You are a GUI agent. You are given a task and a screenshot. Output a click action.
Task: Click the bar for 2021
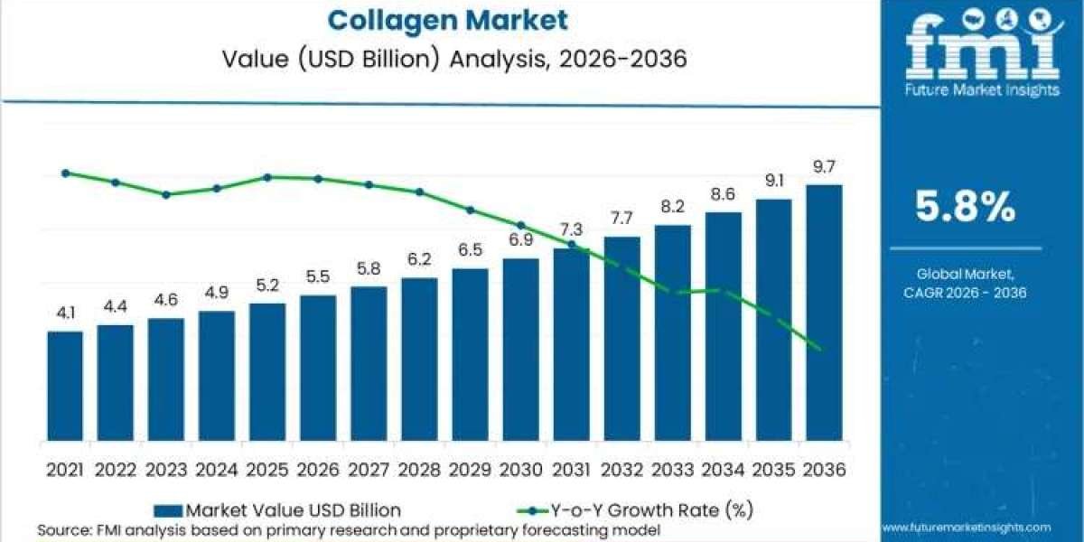[64, 386]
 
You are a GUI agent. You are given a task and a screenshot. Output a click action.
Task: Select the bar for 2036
[824, 313]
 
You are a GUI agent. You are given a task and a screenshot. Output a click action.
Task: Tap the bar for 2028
[419, 359]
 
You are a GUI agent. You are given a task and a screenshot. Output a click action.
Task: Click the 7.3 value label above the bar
[571, 229]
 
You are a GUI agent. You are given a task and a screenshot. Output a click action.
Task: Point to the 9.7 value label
[824, 166]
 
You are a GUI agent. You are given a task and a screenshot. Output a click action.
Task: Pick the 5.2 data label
[267, 285]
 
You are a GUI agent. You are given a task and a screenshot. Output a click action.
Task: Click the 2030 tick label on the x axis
[520, 470]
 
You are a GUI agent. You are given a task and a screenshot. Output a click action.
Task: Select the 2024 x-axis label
[217, 470]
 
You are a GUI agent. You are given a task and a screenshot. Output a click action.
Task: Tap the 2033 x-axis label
[672, 470]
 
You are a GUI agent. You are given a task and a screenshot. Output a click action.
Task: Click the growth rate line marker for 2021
[65, 173]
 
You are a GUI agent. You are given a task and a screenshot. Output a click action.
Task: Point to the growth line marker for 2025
[267, 177]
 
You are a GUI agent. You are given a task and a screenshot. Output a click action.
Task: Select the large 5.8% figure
[965, 210]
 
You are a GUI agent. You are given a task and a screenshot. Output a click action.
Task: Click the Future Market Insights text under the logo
[981, 93]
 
